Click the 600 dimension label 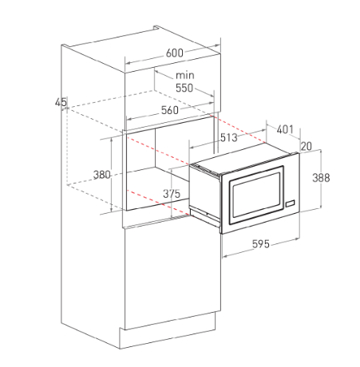(x=175, y=53)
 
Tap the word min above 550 (x=185, y=75)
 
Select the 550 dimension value (x=184, y=88)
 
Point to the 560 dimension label (x=170, y=110)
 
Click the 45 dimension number (x=61, y=102)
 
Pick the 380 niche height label (x=101, y=175)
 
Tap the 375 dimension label (x=172, y=194)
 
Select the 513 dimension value (x=229, y=137)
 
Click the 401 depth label (x=285, y=129)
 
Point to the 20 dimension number (x=307, y=146)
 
